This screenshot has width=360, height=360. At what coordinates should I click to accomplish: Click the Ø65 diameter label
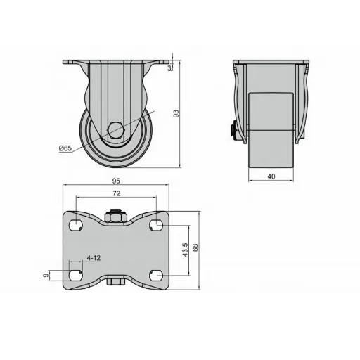[65, 148]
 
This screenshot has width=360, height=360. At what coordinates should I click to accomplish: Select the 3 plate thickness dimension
[169, 68]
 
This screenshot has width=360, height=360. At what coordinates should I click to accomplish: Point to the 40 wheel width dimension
[271, 176]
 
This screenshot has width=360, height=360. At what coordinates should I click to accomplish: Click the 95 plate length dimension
[116, 181]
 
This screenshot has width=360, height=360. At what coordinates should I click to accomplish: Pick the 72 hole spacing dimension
[117, 193]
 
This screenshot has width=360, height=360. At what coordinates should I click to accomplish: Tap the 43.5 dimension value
[186, 250]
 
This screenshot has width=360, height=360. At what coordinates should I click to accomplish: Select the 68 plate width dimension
[195, 247]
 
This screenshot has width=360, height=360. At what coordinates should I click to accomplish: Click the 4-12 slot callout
[94, 258]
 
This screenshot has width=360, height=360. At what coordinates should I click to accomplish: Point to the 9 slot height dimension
[46, 275]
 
